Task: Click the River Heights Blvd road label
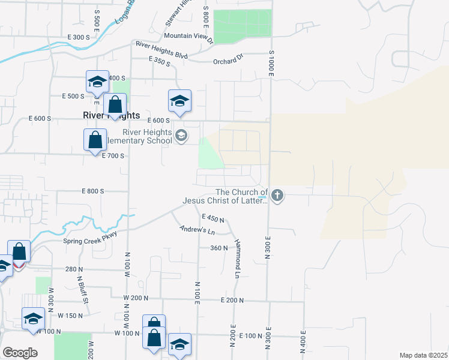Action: [x=162, y=50]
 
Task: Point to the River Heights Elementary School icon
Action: [x=181, y=136]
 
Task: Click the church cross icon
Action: [x=277, y=195]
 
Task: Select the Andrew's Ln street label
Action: [x=197, y=230]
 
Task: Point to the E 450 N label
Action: [x=213, y=218]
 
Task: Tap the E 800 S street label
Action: [x=93, y=191]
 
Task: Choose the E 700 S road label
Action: [x=113, y=155]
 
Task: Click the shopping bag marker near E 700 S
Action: [x=95, y=141]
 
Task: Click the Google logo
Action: [x=20, y=352]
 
